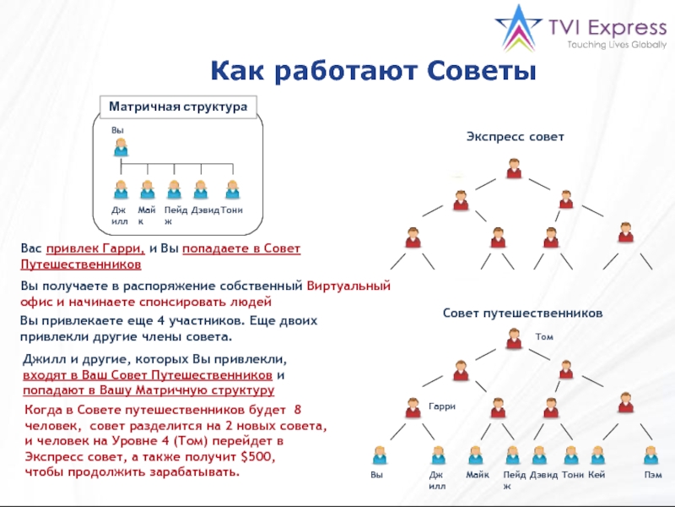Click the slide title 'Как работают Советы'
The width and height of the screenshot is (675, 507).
click(374, 70)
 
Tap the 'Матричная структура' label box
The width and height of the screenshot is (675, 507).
click(177, 107)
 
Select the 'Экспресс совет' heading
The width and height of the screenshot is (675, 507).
click(515, 136)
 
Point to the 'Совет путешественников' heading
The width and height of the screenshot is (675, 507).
click(523, 313)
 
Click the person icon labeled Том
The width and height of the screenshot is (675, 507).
click(514, 339)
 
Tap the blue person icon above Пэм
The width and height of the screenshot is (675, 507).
click(651, 455)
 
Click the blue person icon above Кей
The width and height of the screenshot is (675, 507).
click(597, 455)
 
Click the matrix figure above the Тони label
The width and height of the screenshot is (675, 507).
click(231, 189)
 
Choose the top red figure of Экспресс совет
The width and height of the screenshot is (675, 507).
click(514, 168)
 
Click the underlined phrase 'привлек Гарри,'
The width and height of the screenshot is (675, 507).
click(96, 249)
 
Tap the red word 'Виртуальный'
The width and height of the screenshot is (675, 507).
click(348, 286)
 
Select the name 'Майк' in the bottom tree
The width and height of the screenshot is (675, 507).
click(478, 476)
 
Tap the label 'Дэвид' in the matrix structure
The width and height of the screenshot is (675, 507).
click(205, 210)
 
